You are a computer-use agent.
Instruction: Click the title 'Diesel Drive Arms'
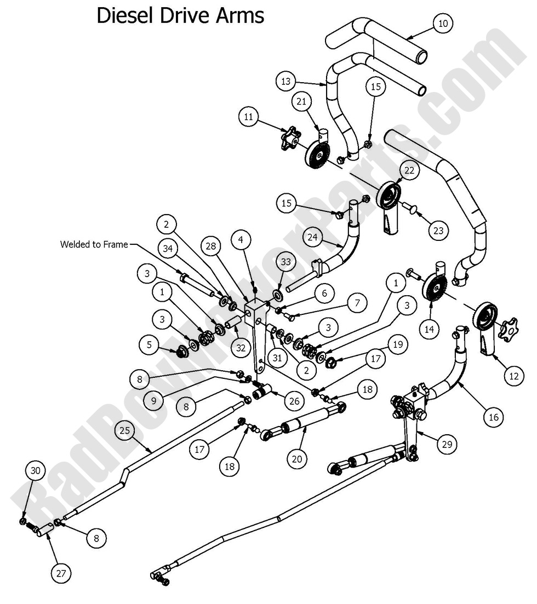(180, 15)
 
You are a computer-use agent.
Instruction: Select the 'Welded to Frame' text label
(94, 245)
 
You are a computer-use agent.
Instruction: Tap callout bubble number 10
(443, 23)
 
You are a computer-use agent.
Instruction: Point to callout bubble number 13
(285, 81)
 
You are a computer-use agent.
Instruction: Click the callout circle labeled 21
(302, 102)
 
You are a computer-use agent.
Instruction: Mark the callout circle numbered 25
(125, 431)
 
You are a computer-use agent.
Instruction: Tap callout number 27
(61, 573)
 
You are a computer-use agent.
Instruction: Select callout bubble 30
(36, 471)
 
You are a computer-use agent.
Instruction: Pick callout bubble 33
(285, 262)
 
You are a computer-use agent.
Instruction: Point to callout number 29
(447, 444)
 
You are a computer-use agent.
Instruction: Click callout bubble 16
(493, 417)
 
